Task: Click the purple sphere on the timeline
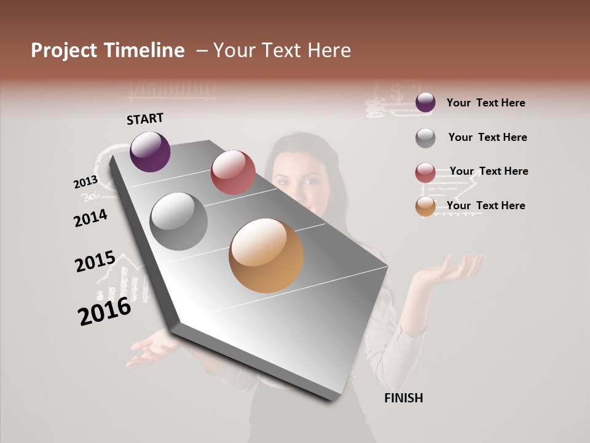coord(150,151)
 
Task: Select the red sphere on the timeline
coord(233,172)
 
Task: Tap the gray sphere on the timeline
coord(179,221)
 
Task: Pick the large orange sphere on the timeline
coord(266,255)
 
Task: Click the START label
coord(145,119)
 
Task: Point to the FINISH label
coord(404,398)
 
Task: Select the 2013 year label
coord(85,182)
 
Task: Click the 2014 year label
coord(90,218)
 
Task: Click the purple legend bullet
coord(425,103)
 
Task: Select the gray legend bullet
coord(425,138)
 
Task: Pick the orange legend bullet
coord(425,207)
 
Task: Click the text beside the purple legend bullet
coord(486,103)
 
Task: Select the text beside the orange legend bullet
coord(486,206)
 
